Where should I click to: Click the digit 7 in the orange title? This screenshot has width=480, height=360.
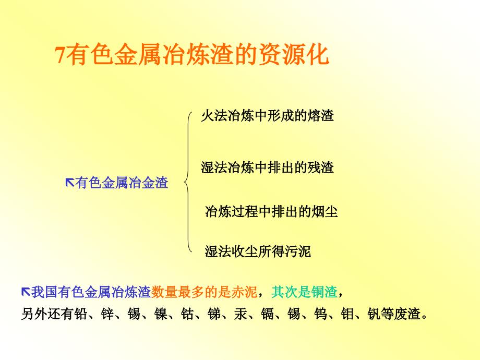pyautogui.click(x=61, y=55)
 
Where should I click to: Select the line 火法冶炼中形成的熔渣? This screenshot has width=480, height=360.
pyautogui.click(x=267, y=116)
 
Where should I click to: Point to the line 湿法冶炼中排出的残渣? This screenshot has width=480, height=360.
pyautogui.click(x=267, y=167)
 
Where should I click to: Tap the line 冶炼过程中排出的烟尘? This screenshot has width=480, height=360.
pyautogui.click(x=271, y=211)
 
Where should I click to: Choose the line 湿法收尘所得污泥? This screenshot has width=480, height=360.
pyautogui.click(x=258, y=251)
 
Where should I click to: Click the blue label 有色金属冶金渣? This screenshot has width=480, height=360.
pyautogui.click(x=122, y=183)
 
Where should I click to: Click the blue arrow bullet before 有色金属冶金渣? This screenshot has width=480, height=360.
pyautogui.click(x=70, y=183)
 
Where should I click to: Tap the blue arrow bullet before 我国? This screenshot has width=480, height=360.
pyautogui.click(x=26, y=292)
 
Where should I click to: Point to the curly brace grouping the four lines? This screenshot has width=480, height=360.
pyautogui.click(x=187, y=182)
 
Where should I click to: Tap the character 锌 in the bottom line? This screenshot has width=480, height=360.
pyautogui.click(x=108, y=314)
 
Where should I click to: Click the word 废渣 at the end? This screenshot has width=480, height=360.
pyautogui.click(x=407, y=314)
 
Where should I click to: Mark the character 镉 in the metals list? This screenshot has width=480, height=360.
pyautogui.click(x=268, y=314)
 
